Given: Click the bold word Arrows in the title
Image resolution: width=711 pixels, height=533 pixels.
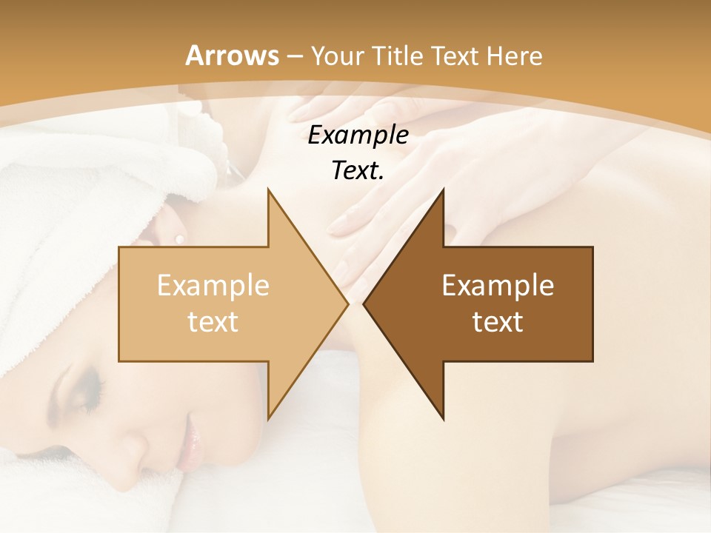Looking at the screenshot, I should (x=232, y=56).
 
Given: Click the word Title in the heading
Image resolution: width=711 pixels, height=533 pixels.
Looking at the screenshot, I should (x=398, y=56).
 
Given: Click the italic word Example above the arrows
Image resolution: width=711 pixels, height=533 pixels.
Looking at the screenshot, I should (x=358, y=135).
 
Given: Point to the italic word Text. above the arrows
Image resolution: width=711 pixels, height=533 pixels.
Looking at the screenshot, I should (x=358, y=170).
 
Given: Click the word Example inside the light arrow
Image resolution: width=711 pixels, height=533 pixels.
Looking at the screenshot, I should (x=213, y=285).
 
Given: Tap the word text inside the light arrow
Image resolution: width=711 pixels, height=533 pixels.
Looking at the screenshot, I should (x=213, y=321).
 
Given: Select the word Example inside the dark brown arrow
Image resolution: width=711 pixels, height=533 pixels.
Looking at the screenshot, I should (x=498, y=285).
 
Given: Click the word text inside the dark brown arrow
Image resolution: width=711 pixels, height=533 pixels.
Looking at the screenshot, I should (x=498, y=321).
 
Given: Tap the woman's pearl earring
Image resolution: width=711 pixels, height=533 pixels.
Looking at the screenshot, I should (x=178, y=238).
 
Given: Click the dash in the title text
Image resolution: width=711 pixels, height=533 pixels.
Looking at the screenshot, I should (x=293, y=56).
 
